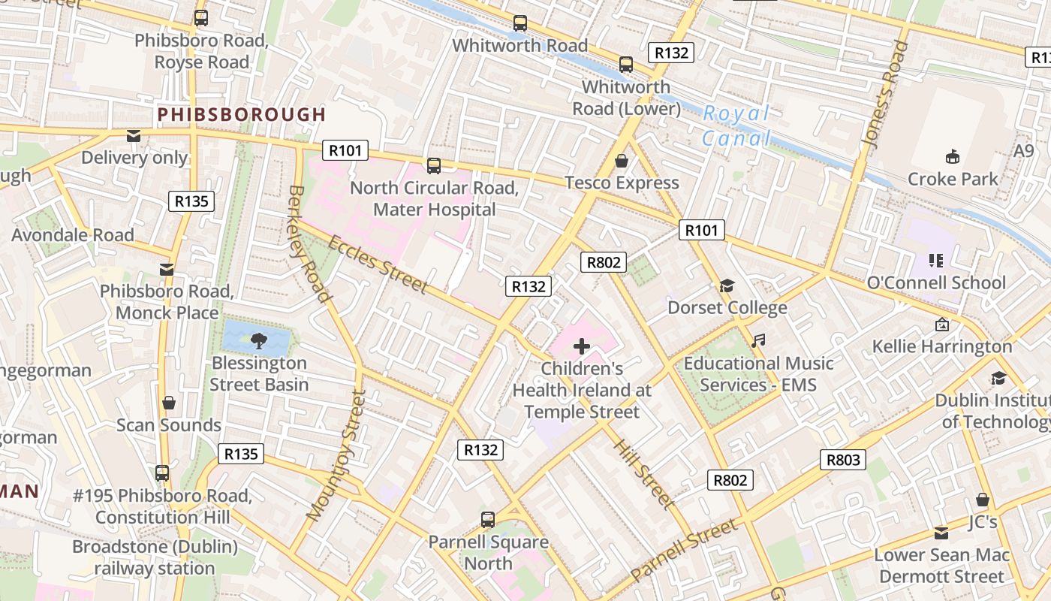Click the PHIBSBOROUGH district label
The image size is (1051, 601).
pyautogui.click(x=242, y=115)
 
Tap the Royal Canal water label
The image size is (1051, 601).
pyautogui.click(x=736, y=125)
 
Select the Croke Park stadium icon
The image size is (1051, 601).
pyautogui.click(x=953, y=156)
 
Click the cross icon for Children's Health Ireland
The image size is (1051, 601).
pyautogui.click(x=582, y=346)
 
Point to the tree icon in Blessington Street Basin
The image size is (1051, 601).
pyautogui.click(x=258, y=341)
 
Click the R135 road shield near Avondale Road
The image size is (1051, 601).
pyautogui.click(x=191, y=201)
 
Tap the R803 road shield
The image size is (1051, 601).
pyautogui.click(x=843, y=460)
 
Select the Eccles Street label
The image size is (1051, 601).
pyautogui.click(x=378, y=264)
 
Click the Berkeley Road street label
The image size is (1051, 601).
pyautogui.click(x=310, y=244)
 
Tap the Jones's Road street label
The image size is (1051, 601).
pyautogui.click(x=885, y=93)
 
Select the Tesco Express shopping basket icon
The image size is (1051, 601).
pyautogui.click(x=622, y=161)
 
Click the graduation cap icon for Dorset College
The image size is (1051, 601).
pyautogui.click(x=727, y=285)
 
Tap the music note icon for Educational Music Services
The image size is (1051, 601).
pyautogui.click(x=758, y=340)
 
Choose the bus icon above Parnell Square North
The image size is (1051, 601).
pyautogui.click(x=488, y=519)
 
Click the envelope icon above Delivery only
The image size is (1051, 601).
pyautogui.click(x=134, y=136)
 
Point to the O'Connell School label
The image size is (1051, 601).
pyautogui.click(x=935, y=283)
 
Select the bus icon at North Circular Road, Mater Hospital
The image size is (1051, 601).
pyautogui.click(x=433, y=165)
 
